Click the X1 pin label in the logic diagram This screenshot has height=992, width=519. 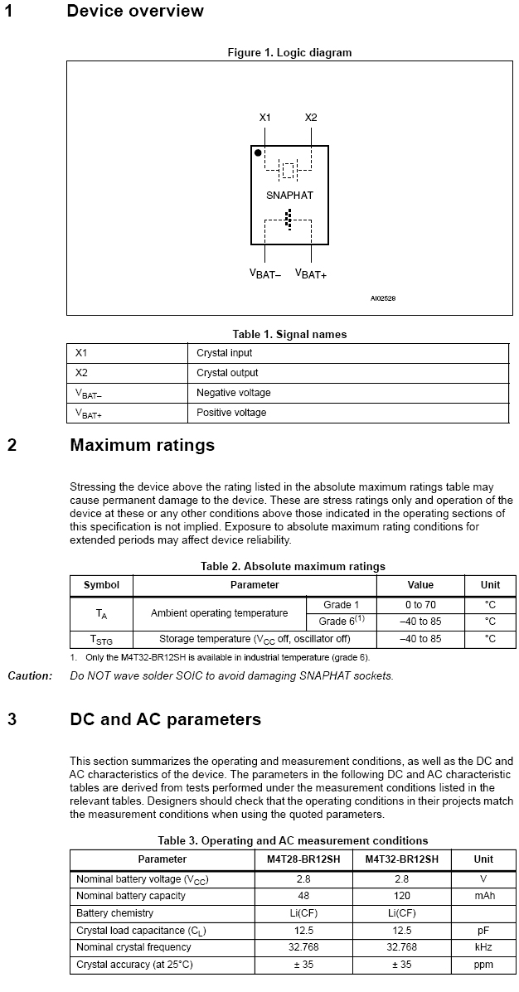coord(264,118)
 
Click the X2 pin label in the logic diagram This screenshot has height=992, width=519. coord(311,118)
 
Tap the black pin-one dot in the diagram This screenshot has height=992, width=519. coord(258,153)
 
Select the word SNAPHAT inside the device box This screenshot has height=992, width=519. coord(289,196)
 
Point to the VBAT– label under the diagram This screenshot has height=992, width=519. coord(265,273)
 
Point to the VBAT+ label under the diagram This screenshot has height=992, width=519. coord(311,273)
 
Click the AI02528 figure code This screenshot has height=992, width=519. coord(383,298)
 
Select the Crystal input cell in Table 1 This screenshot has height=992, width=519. coord(224,353)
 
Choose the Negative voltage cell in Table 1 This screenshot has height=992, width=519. coord(233,393)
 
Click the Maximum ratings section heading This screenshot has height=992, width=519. coord(142,445)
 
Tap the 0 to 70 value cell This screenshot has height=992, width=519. coord(420,605)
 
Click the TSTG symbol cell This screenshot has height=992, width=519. coord(101,640)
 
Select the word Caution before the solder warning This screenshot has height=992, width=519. coord(30,675)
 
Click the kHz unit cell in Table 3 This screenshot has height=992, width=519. coord(483,947)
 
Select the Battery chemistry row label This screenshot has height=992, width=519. coord(114,913)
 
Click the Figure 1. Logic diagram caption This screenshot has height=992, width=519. coord(289,52)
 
